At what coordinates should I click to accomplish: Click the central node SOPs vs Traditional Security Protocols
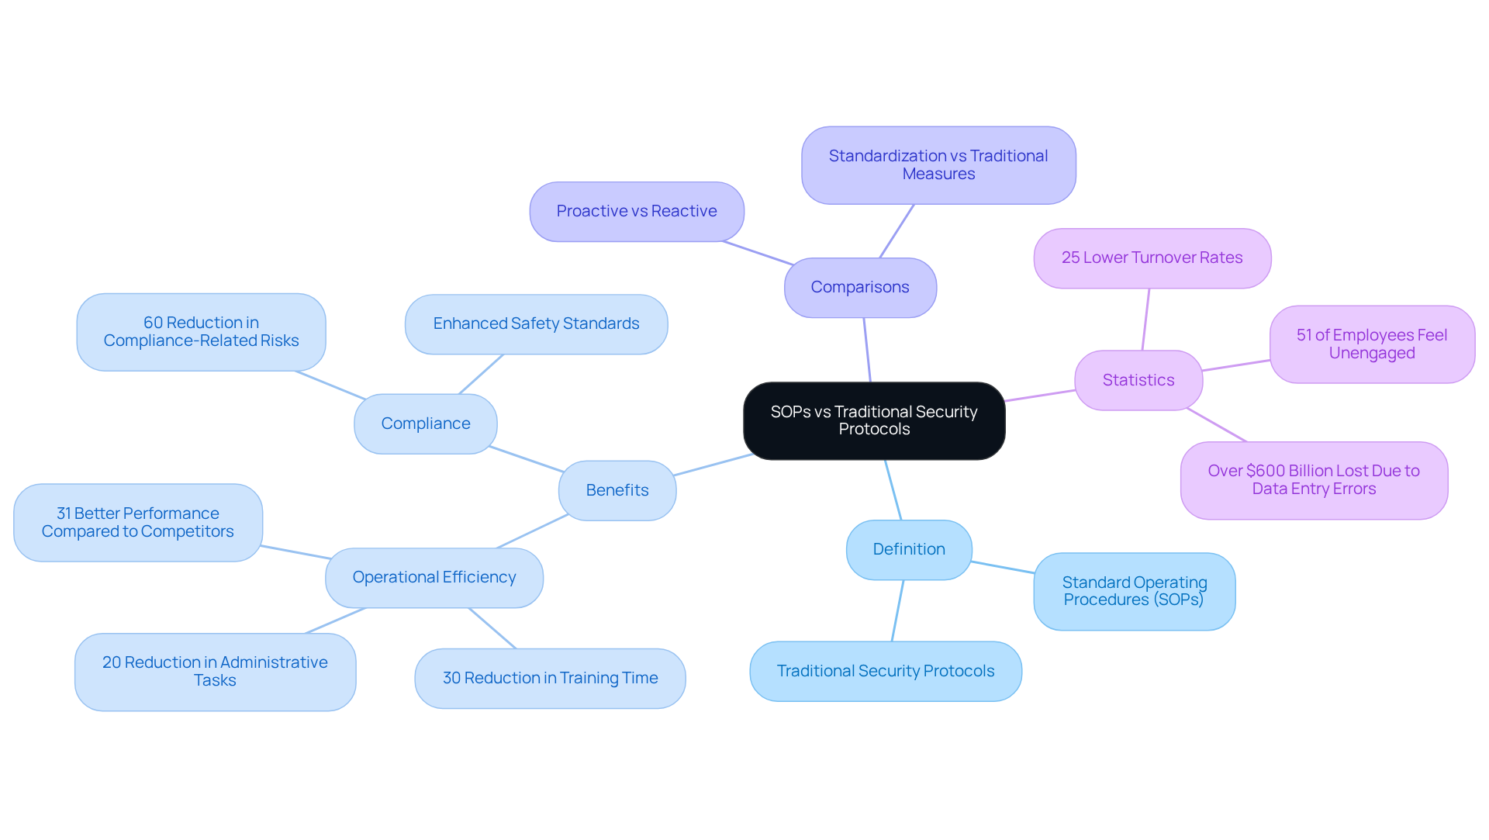point(874,420)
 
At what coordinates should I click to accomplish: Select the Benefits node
point(617,490)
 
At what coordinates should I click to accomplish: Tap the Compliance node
point(426,423)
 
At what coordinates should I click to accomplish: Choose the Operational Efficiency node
point(434,577)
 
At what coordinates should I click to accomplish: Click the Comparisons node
point(860,287)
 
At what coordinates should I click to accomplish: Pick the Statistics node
point(1138,380)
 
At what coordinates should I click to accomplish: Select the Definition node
point(909,549)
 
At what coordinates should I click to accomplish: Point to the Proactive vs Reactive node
point(637,211)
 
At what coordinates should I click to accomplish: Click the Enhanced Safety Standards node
point(536,323)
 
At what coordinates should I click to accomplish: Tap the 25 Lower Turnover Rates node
point(1152,258)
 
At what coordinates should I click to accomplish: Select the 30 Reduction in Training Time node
point(550,678)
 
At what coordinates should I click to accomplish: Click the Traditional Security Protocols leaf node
point(886,671)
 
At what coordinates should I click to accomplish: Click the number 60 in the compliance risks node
point(153,323)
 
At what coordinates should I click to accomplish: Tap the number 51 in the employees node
point(1304,335)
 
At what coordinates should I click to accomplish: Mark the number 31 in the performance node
point(64,513)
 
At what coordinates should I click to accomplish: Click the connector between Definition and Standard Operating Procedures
point(1003,567)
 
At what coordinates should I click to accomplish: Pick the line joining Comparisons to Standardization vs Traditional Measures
point(897,231)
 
